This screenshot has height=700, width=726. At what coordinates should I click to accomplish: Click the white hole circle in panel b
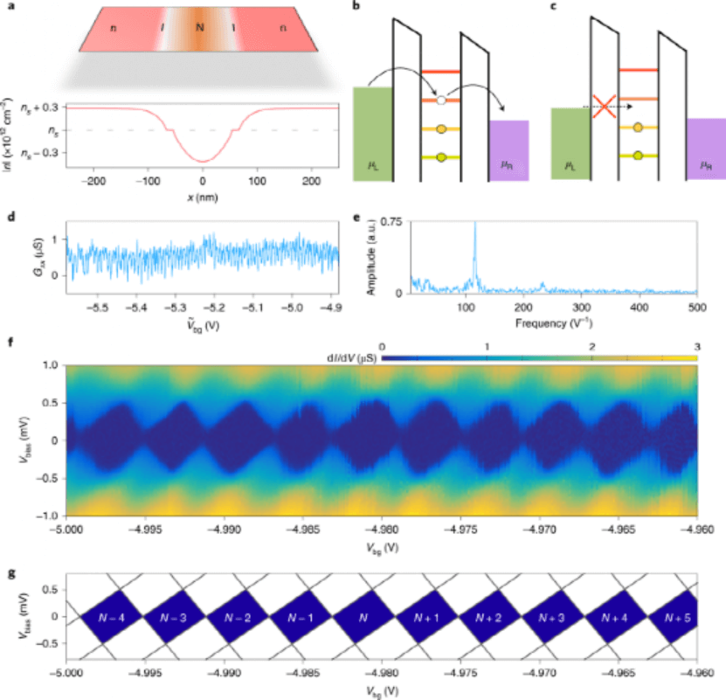coord(442,101)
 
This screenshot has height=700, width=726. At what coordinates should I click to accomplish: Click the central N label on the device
coord(200,28)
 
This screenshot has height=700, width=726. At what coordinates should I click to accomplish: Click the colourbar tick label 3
coord(696,347)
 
